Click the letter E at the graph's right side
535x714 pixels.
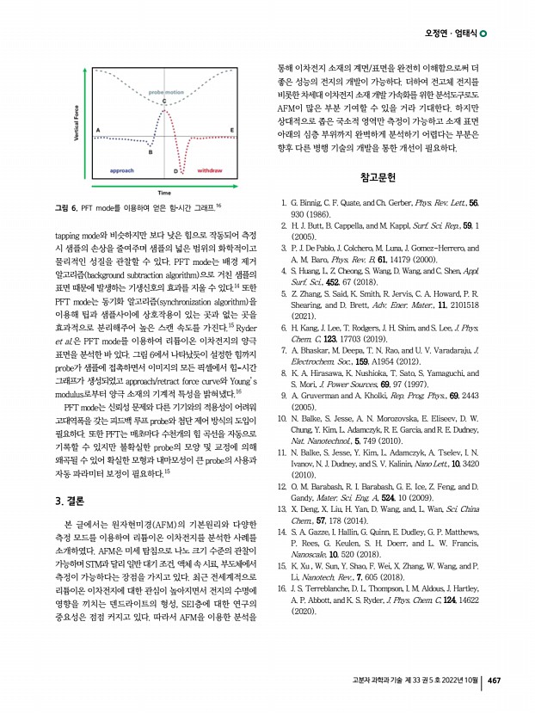click(x=232, y=130)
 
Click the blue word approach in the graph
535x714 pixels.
click(x=126, y=171)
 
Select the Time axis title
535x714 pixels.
click(x=163, y=192)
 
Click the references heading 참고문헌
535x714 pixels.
click(x=378, y=178)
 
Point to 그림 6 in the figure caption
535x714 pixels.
click(x=66, y=207)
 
